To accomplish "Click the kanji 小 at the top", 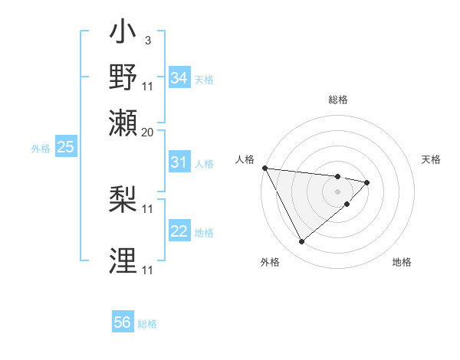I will tap(123, 34).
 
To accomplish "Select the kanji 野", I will tap(123, 78).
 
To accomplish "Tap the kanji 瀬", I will tap(123, 123).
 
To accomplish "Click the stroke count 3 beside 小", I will tap(147, 40).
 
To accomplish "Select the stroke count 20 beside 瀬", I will tap(148, 132).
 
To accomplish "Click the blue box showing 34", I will tap(179, 77).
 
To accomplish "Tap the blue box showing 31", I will tap(179, 162).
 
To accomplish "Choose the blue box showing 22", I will tap(179, 231).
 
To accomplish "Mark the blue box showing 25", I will tap(65, 147).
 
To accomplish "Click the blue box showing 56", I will tap(123, 322).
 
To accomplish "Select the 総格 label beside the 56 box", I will tap(147, 324).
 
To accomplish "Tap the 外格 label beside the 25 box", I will tap(41, 149).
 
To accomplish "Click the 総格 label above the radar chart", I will tap(338, 100).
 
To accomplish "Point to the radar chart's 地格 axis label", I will tap(402, 263).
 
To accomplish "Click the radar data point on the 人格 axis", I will tap(264, 168).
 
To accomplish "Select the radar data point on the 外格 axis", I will tap(301, 242).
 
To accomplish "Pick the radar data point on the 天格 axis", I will tap(368, 182).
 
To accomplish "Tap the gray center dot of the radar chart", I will tap(338, 191).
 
